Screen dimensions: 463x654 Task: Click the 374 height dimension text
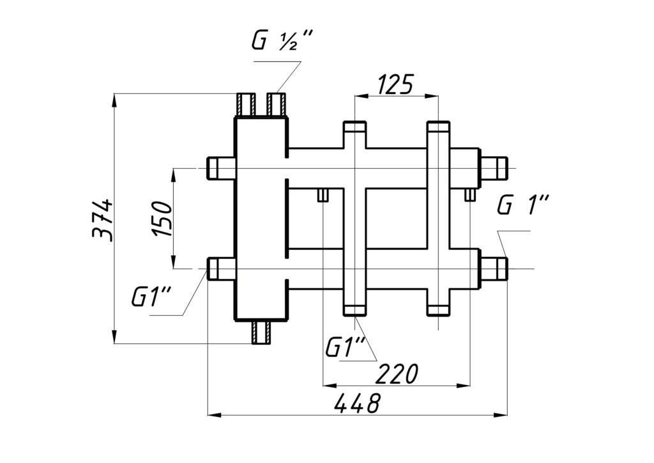pyautogui.click(x=103, y=219)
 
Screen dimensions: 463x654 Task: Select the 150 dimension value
pyautogui.click(x=162, y=219)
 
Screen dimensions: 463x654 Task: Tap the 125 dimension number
pyautogui.click(x=395, y=83)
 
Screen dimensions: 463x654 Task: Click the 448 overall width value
pyautogui.click(x=358, y=403)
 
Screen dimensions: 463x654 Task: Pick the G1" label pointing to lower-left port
pyautogui.click(x=151, y=297)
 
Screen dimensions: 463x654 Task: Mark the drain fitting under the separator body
pyautogui.click(x=262, y=332)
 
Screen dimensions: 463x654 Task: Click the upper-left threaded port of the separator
pyautogui.click(x=221, y=169)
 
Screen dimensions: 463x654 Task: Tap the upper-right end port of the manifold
pyautogui.click(x=494, y=169)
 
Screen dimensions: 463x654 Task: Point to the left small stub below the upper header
pyautogui.click(x=323, y=194)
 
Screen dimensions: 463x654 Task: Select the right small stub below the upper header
pyautogui.click(x=469, y=194)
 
